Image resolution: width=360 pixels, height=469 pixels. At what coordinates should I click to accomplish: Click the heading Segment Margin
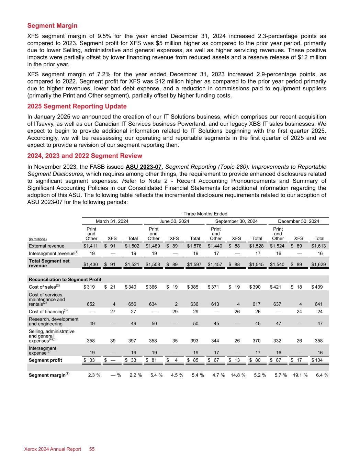(52, 26)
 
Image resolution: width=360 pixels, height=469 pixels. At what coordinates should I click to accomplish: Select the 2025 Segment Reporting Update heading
(77, 106)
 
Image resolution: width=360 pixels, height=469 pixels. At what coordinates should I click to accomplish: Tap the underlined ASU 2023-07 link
(144, 167)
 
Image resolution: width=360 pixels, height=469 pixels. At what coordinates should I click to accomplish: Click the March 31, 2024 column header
(112, 221)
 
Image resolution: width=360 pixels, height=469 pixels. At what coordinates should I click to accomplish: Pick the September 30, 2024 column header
(236, 221)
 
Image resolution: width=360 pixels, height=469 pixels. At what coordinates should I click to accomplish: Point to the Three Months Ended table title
(205, 214)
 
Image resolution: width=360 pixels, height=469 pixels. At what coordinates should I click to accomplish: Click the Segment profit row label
(46, 360)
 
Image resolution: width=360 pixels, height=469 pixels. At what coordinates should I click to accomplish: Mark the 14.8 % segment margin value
(238, 375)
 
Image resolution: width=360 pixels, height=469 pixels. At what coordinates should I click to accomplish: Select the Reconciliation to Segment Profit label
(65, 279)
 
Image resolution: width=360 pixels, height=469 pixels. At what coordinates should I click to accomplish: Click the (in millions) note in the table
(38, 239)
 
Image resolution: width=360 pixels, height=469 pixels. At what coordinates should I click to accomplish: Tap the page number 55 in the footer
(92, 449)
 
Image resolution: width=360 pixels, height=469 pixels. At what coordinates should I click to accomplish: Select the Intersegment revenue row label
(52, 254)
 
